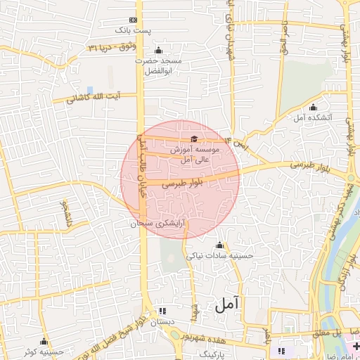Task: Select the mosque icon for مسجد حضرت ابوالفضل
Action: (158, 50)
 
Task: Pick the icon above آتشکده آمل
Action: (313, 107)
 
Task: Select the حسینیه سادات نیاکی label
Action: (219, 256)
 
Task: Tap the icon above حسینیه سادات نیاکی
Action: (219, 245)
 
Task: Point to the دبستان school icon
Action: (163, 311)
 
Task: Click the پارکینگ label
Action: (214, 356)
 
